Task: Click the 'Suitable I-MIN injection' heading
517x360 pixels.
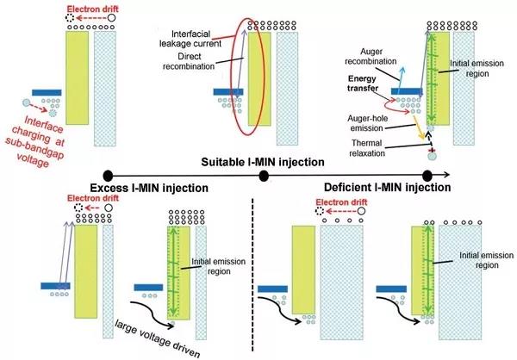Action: (x=263, y=162)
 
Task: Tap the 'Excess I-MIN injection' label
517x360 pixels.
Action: (x=149, y=188)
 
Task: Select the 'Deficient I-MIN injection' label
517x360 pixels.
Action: (x=388, y=187)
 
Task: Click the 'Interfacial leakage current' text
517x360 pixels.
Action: (x=190, y=39)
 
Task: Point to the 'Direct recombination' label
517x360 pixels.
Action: (x=189, y=61)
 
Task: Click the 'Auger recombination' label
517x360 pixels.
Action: (x=371, y=56)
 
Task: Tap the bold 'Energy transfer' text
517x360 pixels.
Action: (x=363, y=84)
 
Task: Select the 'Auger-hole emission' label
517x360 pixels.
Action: (x=368, y=123)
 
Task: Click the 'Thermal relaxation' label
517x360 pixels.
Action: (x=367, y=148)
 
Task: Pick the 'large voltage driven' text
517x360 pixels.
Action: (x=158, y=338)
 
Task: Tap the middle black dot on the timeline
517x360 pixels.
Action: (x=264, y=176)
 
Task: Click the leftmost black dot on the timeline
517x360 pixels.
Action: (x=108, y=176)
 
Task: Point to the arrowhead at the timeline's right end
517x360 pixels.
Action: (x=446, y=175)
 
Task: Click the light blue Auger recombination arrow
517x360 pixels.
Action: (x=401, y=80)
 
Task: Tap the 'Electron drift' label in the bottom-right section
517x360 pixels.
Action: (x=341, y=202)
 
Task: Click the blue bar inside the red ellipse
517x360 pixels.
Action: (x=228, y=91)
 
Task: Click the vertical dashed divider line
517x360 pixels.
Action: (x=252, y=275)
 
